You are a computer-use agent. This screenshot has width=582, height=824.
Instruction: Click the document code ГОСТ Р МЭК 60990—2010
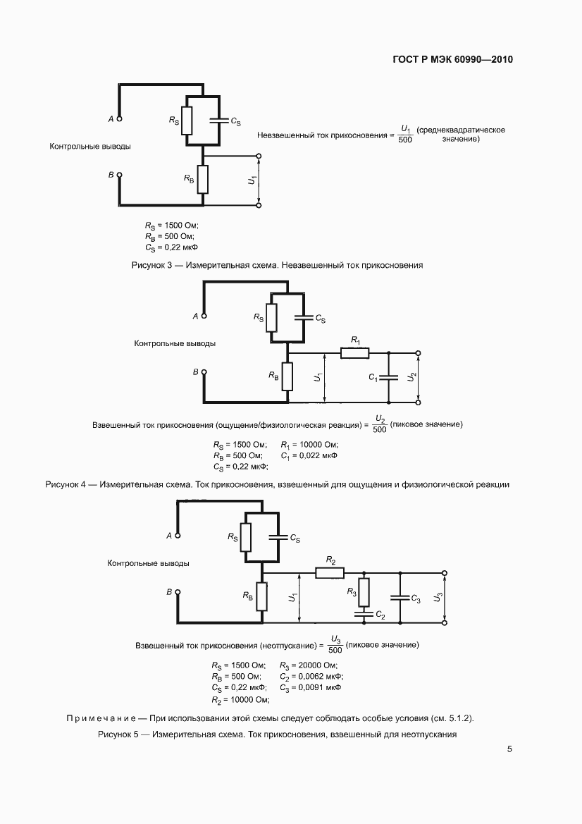tap(452, 60)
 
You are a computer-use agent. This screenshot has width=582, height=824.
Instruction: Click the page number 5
tap(509, 749)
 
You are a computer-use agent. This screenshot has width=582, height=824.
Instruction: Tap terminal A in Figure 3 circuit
tap(119, 119)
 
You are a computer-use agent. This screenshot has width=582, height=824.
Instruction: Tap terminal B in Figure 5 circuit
tap(177, 593)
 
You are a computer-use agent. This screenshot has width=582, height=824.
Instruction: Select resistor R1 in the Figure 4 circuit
tap(354, 352)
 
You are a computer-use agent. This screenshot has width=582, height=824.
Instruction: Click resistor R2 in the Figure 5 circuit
tap(329, 573)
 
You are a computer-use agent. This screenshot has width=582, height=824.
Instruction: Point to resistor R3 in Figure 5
tap(364, 590)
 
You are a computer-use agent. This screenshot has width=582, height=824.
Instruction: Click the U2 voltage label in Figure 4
tap(412, 378)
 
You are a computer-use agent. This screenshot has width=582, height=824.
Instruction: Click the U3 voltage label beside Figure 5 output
tap(439, 598)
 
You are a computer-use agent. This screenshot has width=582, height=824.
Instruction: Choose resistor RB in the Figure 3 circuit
tap(203, 179)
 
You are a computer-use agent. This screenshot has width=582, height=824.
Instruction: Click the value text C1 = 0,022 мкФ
tap(309, 455)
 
